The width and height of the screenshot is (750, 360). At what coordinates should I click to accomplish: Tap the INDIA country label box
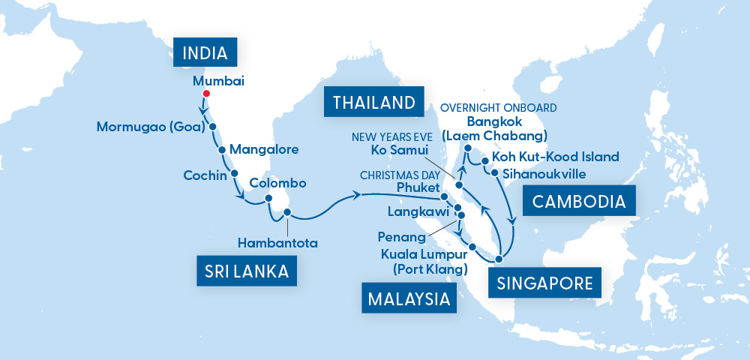point(205,53)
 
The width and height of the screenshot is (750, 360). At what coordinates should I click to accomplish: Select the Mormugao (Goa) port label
point(151,127)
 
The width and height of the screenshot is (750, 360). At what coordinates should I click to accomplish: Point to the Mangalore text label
point(262,149)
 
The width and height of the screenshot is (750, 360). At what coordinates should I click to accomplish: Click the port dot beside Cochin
point(235,173)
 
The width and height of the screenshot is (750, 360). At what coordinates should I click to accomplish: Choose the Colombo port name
point(277,183)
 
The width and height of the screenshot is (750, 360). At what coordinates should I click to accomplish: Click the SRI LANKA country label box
point(247,270)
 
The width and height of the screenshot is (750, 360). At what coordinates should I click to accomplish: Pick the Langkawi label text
point(411,212)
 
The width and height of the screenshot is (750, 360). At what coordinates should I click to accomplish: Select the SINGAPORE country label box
point(544,283)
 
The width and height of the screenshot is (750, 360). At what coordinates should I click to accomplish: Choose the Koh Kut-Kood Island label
point(555,157)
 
